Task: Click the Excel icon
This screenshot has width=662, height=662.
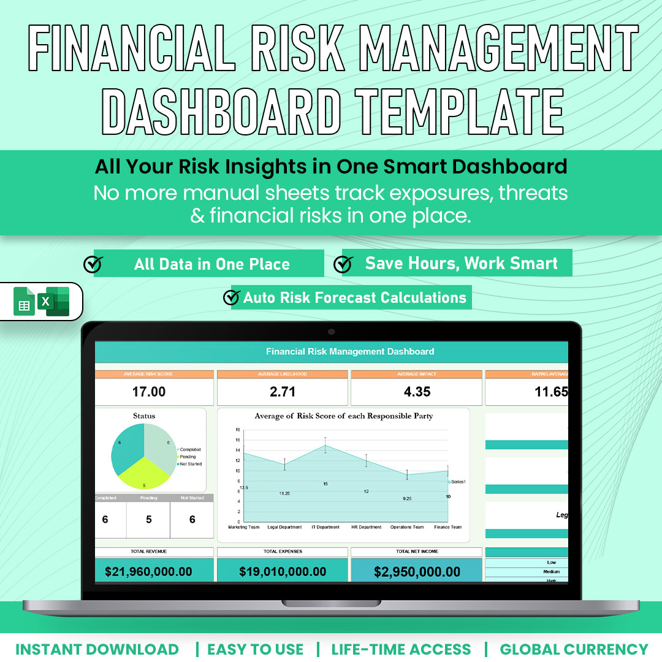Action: pos(55,301)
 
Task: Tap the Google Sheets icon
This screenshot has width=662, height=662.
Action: pos(25,302)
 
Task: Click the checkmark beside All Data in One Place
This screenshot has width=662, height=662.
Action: pos(93,264)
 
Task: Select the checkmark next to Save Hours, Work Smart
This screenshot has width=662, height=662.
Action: pos(343,264)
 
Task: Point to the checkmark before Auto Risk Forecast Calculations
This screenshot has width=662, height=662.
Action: pos(231,297)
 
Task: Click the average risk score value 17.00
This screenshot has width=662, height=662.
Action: pos(149,392)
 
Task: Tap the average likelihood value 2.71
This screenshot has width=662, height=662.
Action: pos(282,392)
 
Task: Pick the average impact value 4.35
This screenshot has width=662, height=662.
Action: pos(417,392)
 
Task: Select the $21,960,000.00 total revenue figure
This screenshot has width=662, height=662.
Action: pos(148,572)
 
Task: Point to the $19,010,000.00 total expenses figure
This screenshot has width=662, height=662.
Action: pos(283,572)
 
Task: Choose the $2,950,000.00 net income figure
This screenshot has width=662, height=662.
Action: pos(417,572)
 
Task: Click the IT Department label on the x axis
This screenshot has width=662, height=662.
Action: pos(325,527)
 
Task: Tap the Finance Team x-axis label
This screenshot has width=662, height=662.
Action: pos(448,527)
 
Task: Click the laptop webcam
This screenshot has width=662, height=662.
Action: pos(331,332)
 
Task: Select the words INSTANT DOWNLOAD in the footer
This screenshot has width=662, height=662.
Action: pos(97,649)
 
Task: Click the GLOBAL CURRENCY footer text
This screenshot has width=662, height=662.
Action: pos(574,649)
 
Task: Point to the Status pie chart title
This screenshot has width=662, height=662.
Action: pos(144,416)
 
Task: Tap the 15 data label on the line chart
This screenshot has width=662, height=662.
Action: pos(325,484)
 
